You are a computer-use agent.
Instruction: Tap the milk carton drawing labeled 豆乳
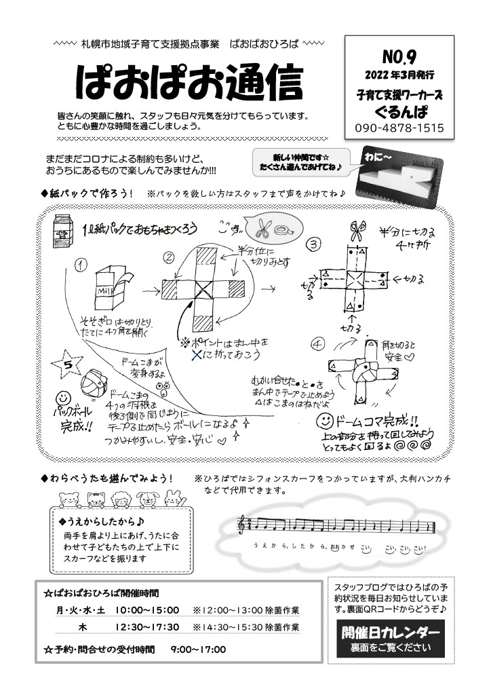click(x=65, y=231)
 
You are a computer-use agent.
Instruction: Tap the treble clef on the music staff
click(x=241, y=525)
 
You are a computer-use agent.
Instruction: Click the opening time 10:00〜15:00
click(x=147, y=610)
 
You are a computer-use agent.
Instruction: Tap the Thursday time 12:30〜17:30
click(x=147, y=626)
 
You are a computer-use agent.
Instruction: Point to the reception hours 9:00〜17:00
click(x=198, y=650)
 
